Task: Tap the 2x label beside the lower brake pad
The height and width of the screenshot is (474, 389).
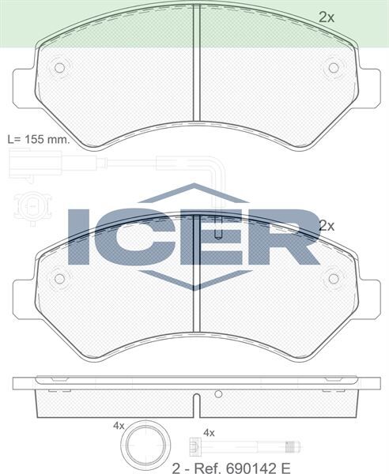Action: click(x=327, y=225)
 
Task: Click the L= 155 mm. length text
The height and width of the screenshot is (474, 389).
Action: click(x=37, y=138)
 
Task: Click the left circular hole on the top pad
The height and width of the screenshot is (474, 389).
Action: click(x=59, y=68)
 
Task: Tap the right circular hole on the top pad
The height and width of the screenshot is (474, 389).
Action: click(x=333, y=68)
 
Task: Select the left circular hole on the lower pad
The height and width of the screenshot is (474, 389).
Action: click(x=59, y=278)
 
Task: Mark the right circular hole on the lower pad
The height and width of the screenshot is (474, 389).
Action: click(x=333, y=278)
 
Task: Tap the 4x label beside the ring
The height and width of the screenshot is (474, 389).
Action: click(x=119, y=425)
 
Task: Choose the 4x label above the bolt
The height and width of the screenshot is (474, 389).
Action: click(x=210, y=432)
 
